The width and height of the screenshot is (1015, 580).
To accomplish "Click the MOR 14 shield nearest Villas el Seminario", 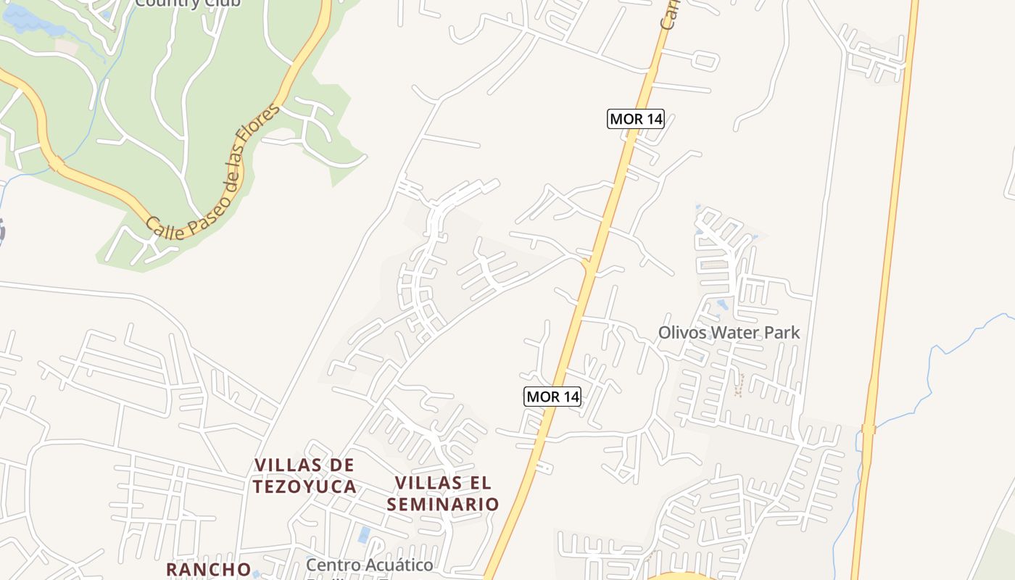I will click(552, 397).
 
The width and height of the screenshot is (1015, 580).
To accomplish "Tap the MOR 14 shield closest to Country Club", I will click(635, 119).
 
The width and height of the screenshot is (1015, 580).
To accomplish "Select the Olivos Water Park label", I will click(729, 333).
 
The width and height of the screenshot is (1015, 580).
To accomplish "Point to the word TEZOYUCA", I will click(305, 486).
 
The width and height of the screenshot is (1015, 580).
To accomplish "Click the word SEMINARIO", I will click(443, 504).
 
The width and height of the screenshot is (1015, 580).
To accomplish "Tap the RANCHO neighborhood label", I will click(209, 569).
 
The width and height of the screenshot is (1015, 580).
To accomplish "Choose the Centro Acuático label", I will click(369, 565).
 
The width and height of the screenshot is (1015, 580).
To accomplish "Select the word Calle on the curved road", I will click(161, 226).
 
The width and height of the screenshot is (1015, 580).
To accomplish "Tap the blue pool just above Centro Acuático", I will click(364, 536).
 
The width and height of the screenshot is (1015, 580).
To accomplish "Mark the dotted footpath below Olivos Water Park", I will click(739, 385).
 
